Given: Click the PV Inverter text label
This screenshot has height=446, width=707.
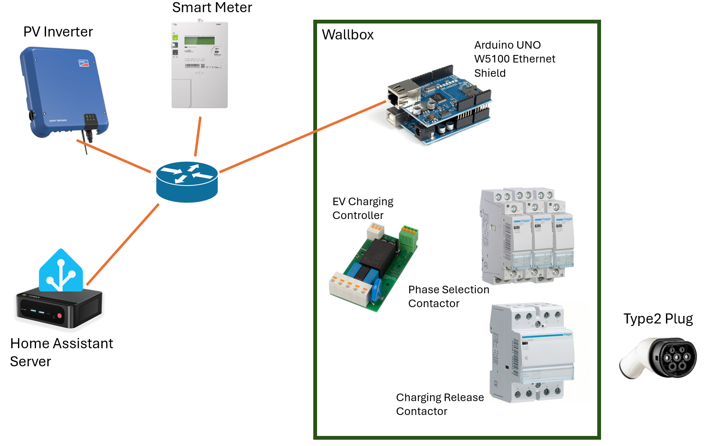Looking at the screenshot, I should (58, 32).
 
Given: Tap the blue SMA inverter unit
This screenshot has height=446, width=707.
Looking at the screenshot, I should (63, 92).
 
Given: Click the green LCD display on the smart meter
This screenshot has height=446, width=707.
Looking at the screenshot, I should (199, 41).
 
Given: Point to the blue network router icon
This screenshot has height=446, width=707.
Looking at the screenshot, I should (187, 182).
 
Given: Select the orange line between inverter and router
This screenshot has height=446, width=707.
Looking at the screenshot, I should (113, 156).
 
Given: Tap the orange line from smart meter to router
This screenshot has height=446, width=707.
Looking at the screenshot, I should (198, 136).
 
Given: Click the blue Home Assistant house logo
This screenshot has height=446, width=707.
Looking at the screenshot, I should (61, 272).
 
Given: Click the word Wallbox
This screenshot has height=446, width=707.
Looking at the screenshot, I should (348, 35).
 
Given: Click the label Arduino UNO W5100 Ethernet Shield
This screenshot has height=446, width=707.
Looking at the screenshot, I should (514, 59).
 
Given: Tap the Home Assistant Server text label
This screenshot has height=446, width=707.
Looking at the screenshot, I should (61, 352).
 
